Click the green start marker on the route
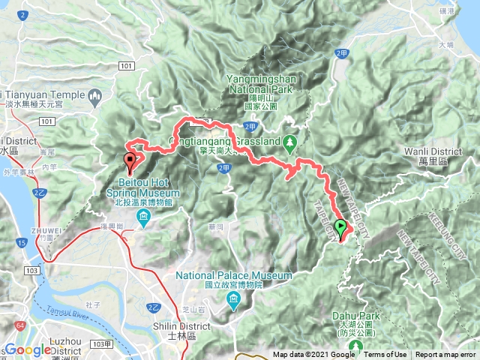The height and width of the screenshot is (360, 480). coord(341,228)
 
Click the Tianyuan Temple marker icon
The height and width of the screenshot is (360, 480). coord(95,95)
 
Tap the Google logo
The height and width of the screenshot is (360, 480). coord(28,350)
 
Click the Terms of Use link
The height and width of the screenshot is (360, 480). coord(385,355)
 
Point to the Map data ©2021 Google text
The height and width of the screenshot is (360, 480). coord(314,355)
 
